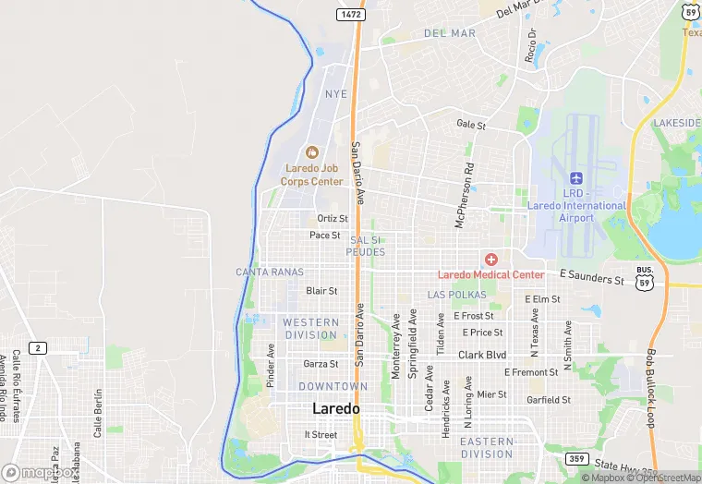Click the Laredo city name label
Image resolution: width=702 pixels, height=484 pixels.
click(x=336, y=408)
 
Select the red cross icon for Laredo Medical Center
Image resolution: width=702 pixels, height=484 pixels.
click(x=490, y=260)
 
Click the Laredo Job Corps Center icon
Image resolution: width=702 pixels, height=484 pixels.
click(x=311, y=152)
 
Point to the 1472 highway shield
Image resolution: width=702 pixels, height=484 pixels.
click(x=349, y=15)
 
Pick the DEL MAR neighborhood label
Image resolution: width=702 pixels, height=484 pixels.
click(x=450, y=33)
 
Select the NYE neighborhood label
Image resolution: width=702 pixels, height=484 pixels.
click(x=336, y=94)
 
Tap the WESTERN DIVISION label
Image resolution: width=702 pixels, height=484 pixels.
click(x=310, y=328)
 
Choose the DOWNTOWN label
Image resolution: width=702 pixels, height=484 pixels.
click(x=333, y=386)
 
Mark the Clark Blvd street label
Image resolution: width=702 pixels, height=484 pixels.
click(x=482, y=355)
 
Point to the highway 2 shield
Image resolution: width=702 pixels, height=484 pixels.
click(x=38, y=347)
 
